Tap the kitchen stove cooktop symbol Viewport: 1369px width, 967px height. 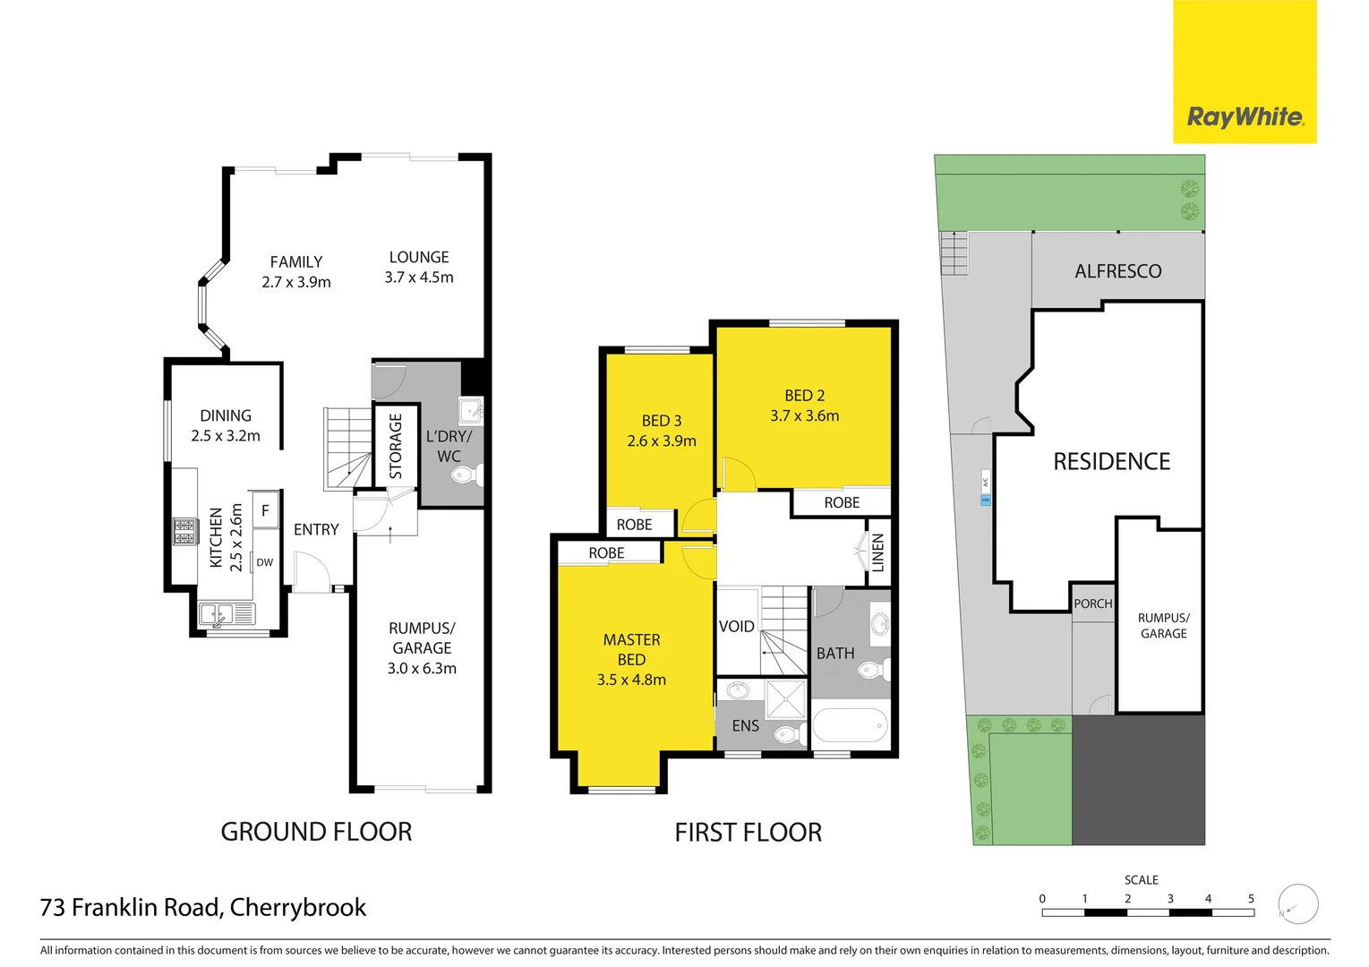(x=184, y=532)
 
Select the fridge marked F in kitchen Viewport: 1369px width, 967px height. (x=265, y=510)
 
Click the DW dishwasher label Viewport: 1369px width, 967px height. (x=265, y=562)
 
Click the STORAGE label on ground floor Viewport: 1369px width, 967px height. (x=396, y=446)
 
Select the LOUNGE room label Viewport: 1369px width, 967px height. (x=419, y=257)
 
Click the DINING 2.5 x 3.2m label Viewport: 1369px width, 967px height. (x=226, y=425)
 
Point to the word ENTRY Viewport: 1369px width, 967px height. (x=316, y=530)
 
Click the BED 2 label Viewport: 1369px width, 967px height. (x=804, y=396)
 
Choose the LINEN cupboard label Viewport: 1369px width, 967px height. (x=877, y=552)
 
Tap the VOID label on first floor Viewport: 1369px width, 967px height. (x=736, y=627)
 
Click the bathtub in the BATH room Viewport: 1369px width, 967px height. (x=850, y=725)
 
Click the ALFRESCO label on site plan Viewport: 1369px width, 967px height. (x=1117, y=271)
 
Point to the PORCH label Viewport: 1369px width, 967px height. (x=1092, y=604)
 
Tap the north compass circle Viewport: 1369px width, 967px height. (x=1298, y=904)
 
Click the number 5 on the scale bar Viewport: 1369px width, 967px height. (x=1251, y=899)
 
